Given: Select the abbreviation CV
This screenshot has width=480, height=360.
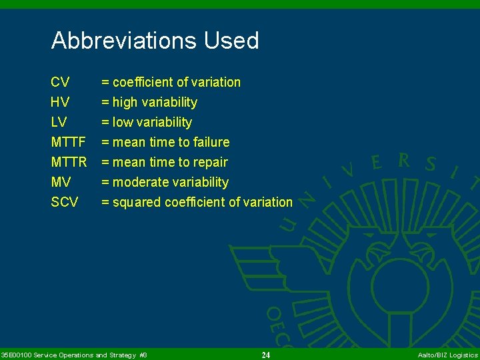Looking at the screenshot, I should click(x=60, y=82).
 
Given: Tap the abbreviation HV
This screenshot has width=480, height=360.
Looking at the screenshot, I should click(x=60, y=102).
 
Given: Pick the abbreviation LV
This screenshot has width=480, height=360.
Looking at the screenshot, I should click(x=59, y=122).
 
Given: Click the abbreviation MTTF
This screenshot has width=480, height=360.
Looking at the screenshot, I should click(x=68, y=142).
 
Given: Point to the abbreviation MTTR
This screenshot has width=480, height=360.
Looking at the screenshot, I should click(x=69, y=162).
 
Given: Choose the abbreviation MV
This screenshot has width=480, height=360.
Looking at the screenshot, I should click(x=61, y=182).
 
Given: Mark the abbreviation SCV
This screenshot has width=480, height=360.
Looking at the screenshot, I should click(x=65, y=202).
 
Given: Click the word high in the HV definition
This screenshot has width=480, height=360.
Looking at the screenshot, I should click(x=125, y=102).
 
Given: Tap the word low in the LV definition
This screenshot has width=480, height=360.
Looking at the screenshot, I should click(x=123, y=122).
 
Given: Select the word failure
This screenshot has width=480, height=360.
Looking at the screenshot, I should click(x=212, y=142).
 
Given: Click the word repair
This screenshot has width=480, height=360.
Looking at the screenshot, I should click(x=211, y=162).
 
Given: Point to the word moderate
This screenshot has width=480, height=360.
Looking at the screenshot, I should click(x=141, y=182).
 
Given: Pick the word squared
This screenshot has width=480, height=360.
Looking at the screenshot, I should click(x=136, y=202).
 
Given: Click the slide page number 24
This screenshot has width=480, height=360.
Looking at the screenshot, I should click(x=266, y=355).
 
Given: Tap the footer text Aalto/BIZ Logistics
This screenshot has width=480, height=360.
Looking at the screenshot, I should click(x=447, y=355).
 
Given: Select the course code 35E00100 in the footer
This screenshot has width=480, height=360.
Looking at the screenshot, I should click(x=16, y=355).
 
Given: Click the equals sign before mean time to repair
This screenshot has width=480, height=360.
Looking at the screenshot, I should click(x=105, y=162).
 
